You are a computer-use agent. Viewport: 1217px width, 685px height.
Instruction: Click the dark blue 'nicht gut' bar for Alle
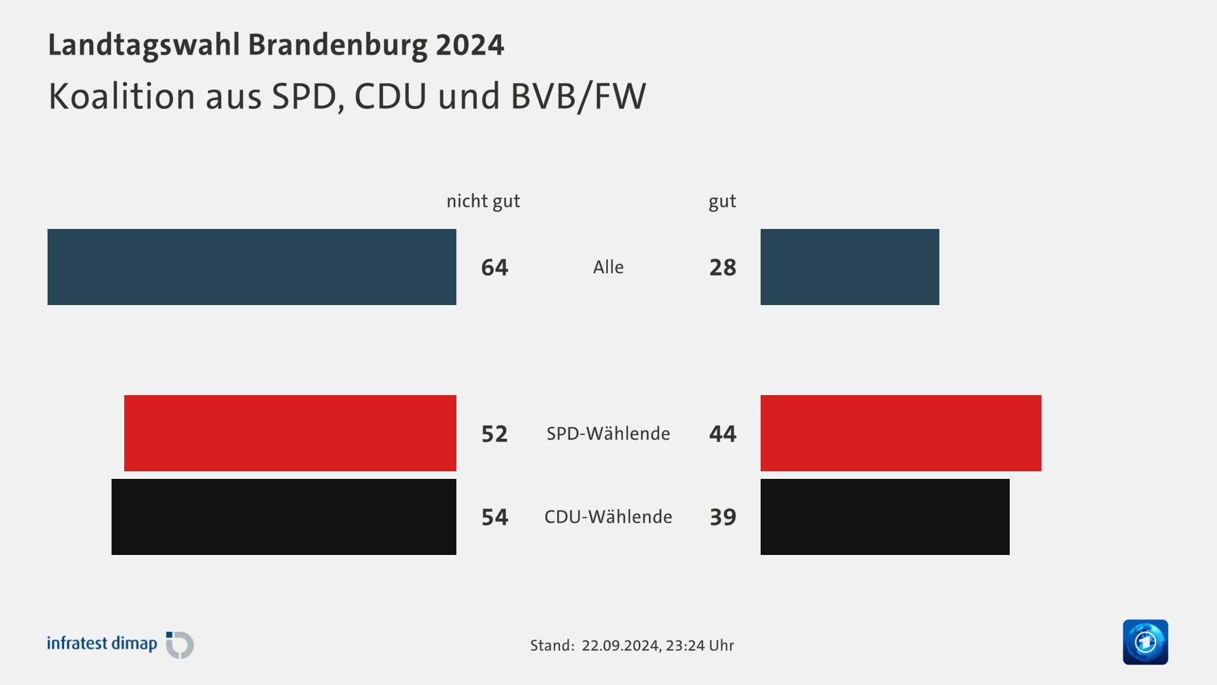click(252, 267)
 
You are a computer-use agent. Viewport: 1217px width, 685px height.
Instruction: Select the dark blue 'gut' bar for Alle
click(849, 267)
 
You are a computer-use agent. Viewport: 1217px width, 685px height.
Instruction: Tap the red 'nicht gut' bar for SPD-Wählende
click(290, 433)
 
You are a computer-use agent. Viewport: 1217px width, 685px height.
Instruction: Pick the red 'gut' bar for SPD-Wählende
click(901, 433)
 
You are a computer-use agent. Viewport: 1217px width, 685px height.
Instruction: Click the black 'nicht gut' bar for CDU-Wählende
click(284, 517)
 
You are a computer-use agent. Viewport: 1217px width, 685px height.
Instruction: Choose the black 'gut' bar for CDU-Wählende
click(885, 517)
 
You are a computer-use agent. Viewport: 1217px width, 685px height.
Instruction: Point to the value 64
click(494, 268)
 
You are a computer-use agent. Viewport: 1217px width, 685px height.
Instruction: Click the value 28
click(723, 268)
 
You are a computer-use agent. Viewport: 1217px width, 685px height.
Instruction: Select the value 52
click(494, 434)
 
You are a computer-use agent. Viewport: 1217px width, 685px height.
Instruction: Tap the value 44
click(723, 434)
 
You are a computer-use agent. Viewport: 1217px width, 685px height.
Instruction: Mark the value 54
click(494, 518)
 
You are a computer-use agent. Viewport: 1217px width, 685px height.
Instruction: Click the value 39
click(723, 518)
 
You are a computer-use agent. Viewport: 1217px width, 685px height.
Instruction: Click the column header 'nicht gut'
click(483, 201)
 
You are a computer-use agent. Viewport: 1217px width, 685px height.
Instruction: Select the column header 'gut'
click(722, 201)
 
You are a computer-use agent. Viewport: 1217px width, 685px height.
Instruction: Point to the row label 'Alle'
click(608, 267)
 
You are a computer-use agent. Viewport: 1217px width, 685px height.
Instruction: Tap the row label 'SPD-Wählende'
click(608, 433)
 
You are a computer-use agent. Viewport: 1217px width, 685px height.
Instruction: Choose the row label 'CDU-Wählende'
click(608, 517)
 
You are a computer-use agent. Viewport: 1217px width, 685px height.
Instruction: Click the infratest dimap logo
click(120, 644)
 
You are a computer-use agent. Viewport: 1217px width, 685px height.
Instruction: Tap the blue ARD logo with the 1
click(1145, 642)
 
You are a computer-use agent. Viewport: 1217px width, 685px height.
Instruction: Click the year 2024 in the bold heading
click(470, 45)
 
